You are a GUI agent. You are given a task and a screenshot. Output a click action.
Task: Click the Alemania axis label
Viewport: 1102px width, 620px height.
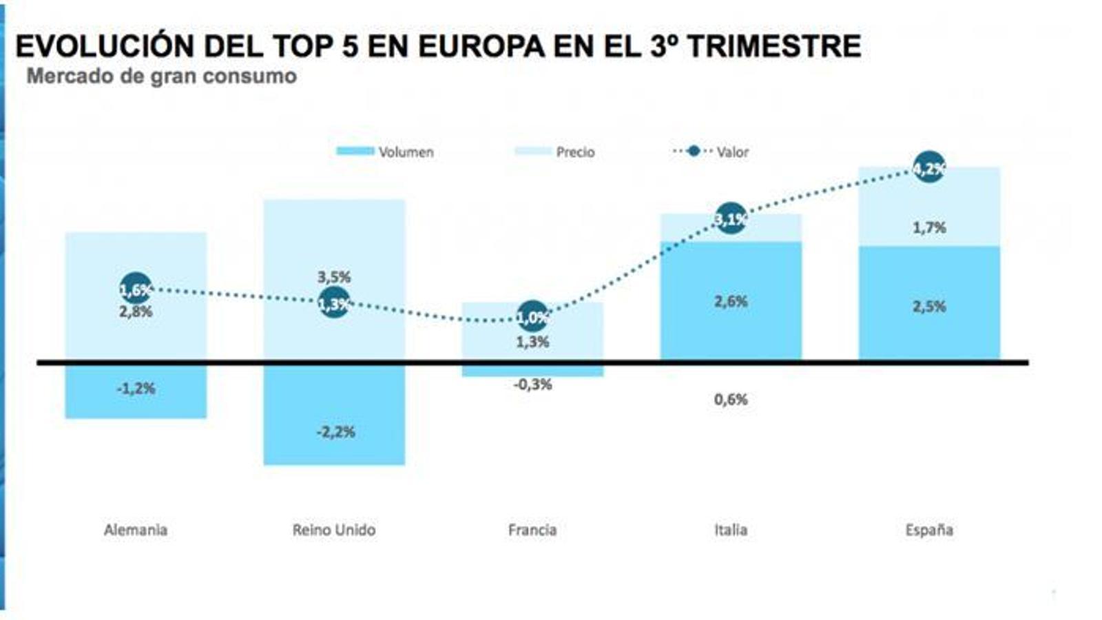point(136,530)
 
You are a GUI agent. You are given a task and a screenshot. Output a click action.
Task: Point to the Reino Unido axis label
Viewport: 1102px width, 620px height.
point(334,530)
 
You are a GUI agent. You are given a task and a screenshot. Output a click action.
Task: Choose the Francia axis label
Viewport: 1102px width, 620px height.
point(532,530)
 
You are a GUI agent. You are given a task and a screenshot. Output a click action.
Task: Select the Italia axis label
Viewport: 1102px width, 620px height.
point(731,530)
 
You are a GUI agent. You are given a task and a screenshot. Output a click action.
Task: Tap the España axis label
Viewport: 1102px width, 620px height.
point(929,530)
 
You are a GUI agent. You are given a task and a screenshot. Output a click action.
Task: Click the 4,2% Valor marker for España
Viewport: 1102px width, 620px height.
point(929,167)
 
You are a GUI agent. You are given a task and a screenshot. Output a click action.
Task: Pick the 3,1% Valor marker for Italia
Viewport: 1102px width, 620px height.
point(731,219)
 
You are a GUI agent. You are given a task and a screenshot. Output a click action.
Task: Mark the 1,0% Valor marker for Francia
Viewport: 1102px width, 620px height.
point(532,317)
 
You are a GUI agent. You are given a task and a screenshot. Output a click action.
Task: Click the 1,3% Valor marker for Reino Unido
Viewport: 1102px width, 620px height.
point(334,303)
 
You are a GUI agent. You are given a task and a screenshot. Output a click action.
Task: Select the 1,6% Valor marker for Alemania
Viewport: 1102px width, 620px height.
point(136,289)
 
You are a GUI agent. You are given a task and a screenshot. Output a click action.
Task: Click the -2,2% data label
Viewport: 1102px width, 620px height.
point(336,433)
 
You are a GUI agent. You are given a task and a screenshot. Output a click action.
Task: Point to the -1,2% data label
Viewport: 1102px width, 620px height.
point(136,389)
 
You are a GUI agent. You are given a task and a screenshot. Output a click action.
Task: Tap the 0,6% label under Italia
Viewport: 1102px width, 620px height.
point(731,400)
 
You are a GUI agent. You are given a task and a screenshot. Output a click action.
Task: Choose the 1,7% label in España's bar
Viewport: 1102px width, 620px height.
point(929,227)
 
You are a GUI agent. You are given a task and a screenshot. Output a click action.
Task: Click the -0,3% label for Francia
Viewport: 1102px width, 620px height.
point(532,384)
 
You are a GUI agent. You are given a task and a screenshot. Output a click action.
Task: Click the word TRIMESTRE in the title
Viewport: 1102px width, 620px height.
point(774,46)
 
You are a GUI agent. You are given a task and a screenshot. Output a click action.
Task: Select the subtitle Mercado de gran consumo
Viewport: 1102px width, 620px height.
point(161,76)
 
